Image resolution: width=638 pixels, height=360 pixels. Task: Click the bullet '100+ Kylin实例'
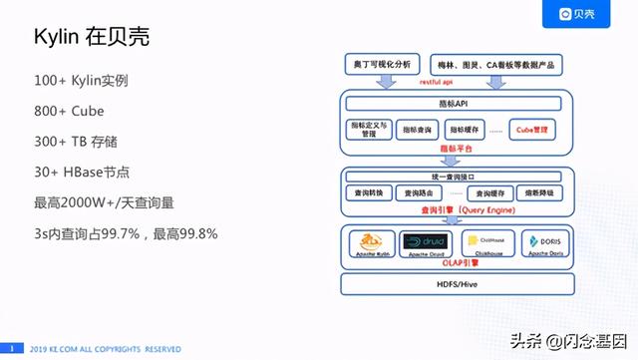tap(95, 79)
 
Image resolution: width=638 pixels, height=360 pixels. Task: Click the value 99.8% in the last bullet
tap(195, 233)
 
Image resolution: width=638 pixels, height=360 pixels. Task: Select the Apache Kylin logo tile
tap(372, 244)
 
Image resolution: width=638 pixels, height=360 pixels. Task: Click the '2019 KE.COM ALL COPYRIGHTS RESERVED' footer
tap(105, 348)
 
